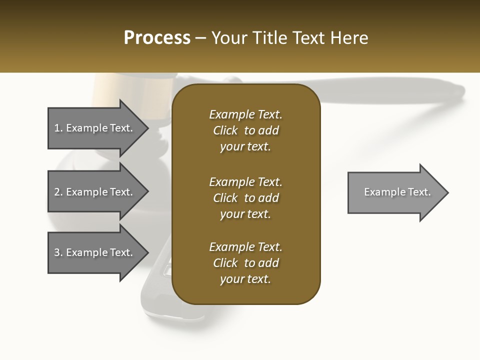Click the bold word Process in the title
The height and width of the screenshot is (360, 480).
pos(157,38)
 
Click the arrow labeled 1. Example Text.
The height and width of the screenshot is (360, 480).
pos(93,128)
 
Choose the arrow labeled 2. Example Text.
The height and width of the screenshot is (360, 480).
pos(93,192)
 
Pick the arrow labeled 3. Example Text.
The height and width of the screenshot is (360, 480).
pos(93,252)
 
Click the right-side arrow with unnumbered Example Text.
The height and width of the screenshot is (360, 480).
pos(397,192)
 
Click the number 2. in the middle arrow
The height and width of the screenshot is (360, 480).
pos(58,192)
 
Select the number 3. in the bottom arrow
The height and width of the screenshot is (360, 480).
pos(58,252)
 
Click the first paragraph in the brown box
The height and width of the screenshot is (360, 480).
pos(245,130)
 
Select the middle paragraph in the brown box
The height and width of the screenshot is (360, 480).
pos(245,198)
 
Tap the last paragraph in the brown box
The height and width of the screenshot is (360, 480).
pos(245,263)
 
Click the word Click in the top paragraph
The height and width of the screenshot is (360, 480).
pos(225,130)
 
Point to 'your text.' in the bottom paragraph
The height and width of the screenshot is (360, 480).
pos(245,279)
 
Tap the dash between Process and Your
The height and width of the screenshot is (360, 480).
pos(201,38)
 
